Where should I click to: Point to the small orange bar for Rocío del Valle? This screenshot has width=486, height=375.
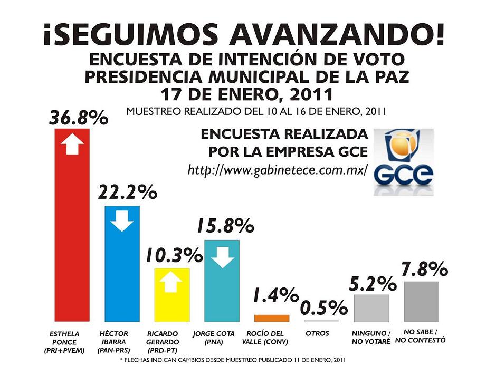pyautogui.click(x=272, y=318)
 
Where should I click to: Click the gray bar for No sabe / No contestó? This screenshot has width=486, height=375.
pyautogui.click(x=421, y=302)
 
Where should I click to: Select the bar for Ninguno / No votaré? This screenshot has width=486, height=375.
pyautogui.click(x=371, y=308)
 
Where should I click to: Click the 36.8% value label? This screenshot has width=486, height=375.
pyautogui.click(x=79, y=118)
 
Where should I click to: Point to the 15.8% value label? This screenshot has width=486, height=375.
pyautogui.click(x=226, y=226)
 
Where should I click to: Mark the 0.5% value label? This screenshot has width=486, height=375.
pyautogui.click(x=324, y=307)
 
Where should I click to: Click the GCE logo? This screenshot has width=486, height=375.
pyautogui.click(x=404, y=162)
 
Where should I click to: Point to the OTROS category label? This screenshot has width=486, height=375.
pyautogui.click(x=317, y=333)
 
